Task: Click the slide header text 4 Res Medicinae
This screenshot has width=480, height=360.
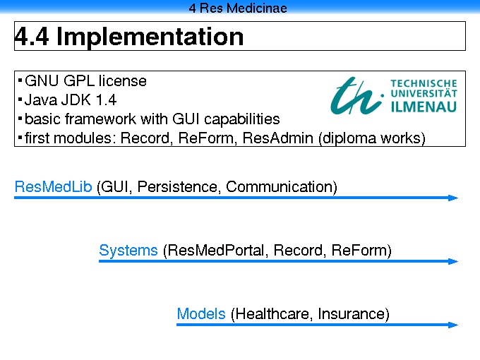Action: pyautogui.click(x=238, y=8)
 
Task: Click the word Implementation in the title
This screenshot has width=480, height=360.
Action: pyautogui.click(x=150, y=37)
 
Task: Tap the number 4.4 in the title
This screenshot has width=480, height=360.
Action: pyautogui.click(x=32, y=37)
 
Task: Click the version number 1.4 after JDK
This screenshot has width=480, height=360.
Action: pyautogui.click(x=106, y=100)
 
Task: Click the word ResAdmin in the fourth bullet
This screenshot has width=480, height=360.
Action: pyautogui.click(x=277, y=138)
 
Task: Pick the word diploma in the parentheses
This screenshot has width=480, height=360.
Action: pyautogui.click(x=349, y=138)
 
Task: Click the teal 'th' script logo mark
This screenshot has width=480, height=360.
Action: pyautogui.click(x=356, y=95)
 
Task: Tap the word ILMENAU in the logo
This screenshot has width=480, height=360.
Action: pyautogui.click(x=424, y=107)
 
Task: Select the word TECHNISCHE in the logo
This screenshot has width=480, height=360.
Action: pyautogui.click(x=424, y=83)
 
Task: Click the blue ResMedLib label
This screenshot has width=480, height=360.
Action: pyautogui.click(x=53, y=187)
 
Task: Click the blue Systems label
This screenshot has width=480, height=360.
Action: pyautogui.click(x=128, y=251)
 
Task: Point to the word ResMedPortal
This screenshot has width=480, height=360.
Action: pyautogui.click(x=215, y=251)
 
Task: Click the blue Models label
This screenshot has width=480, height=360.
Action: pyautogui.click(x=201, y=314)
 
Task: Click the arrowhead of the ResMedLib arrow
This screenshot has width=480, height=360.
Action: pyautogui.click(x=452, y=198)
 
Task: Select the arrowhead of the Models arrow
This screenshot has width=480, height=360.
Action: pyautogui.click(x=452, y=325)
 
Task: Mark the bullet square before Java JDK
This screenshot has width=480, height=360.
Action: pyautogui.click(x=20, y=100)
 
